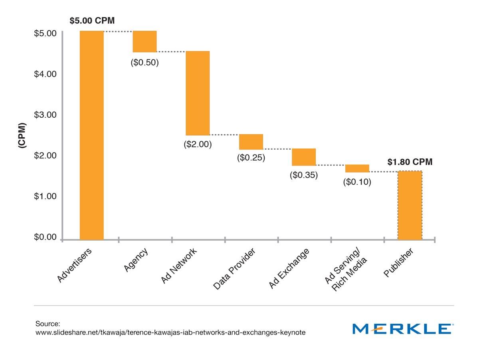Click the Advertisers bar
[x=91, y=135]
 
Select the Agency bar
[x=144, y=42]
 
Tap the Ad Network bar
[x=198, y=93]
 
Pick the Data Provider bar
[x=251, y=142]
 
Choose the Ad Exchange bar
[x=304, y=157]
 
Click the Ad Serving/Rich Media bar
[x=357, y=168]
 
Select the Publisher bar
[x=410, y=205]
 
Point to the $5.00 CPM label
[x=92, y=21]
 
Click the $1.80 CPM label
[x=410, y=162]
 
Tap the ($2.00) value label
[x=198, y=144]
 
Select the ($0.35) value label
[x=304, y=175]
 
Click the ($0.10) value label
[x=357, y=182]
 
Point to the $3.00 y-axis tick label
[x=45, y=115]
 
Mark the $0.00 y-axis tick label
[x=45, y=237]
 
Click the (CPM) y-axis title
[x=22, y=136]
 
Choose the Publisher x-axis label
[x=399, y=262]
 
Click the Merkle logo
[x=403, y=329]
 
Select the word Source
[x=47, y=323]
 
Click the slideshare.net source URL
[x=170, y=332]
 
